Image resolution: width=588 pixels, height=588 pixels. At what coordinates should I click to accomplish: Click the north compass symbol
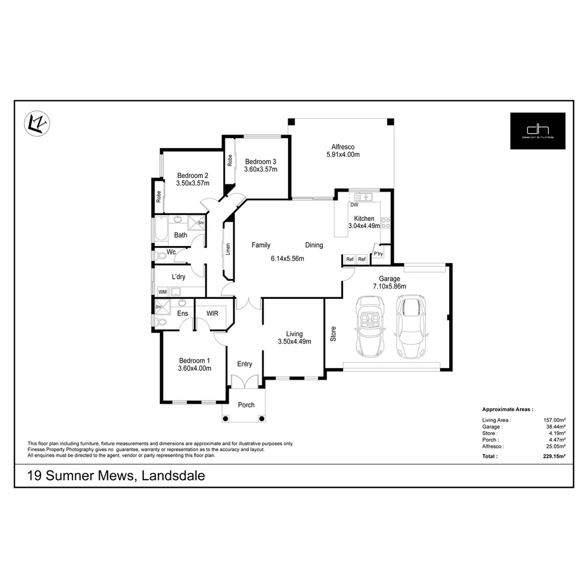coord(38,123)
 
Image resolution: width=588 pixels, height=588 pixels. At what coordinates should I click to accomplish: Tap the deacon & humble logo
coord(537,131)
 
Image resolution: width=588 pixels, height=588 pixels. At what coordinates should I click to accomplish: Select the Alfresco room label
coord(343,146)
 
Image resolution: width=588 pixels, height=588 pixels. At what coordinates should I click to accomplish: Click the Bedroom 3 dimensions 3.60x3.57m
coord(261,169)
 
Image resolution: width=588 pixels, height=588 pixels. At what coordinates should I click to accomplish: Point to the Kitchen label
coord(364,218)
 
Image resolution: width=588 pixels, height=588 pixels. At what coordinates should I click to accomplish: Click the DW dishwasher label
coord(354,205)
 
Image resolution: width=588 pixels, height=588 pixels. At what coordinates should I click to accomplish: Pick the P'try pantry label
coord(378,254)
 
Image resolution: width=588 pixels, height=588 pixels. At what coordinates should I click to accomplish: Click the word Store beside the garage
coord(333,334)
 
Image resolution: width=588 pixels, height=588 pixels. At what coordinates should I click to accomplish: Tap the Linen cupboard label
coord(228,249)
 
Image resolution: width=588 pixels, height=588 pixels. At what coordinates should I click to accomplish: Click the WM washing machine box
coord(162,292)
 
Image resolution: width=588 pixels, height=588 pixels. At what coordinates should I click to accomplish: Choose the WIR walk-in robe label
coord(212,314)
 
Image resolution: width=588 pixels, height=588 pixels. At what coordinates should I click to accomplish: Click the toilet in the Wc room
coord(160,255)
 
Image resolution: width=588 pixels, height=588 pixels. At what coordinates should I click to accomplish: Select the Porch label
coord(246,405)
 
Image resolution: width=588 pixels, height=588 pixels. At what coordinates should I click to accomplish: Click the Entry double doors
coord(243,382)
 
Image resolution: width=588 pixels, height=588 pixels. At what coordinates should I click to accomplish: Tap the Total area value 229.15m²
coord(554,456)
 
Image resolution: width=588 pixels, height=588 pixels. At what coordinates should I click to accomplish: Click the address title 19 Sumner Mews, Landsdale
coord(116,476)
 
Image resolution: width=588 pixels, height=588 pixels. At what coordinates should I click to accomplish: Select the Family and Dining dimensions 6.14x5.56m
coord(287,259)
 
